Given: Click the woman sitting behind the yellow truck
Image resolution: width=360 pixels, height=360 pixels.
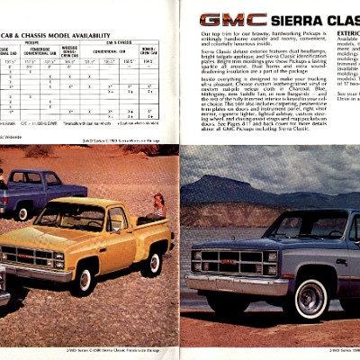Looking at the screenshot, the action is point(158,207).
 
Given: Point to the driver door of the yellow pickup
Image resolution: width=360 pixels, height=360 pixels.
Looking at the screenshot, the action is point(118,237).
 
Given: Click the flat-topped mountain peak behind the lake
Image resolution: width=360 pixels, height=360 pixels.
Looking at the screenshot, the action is point(216,184).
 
